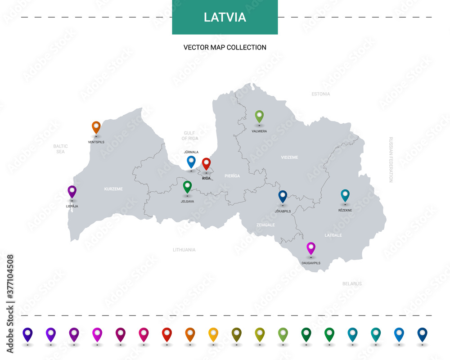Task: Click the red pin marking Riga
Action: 206,164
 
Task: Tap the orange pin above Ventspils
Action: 96,127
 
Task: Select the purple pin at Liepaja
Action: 72,192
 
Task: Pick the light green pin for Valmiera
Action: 259,116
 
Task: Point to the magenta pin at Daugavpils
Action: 311,248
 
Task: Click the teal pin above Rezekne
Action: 345,195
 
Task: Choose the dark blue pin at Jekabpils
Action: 283,196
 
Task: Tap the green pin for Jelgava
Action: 187,186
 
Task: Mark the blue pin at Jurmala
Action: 191,162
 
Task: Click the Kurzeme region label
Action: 113,189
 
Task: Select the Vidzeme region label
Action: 289,157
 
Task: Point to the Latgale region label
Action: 333,235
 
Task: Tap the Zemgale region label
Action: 265,225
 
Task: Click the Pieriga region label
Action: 232,176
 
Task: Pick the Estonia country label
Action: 321,94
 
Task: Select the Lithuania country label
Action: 184,250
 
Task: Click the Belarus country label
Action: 352,284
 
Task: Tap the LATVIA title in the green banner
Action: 225,17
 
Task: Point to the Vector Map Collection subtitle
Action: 225,47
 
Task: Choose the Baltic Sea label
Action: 60,149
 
